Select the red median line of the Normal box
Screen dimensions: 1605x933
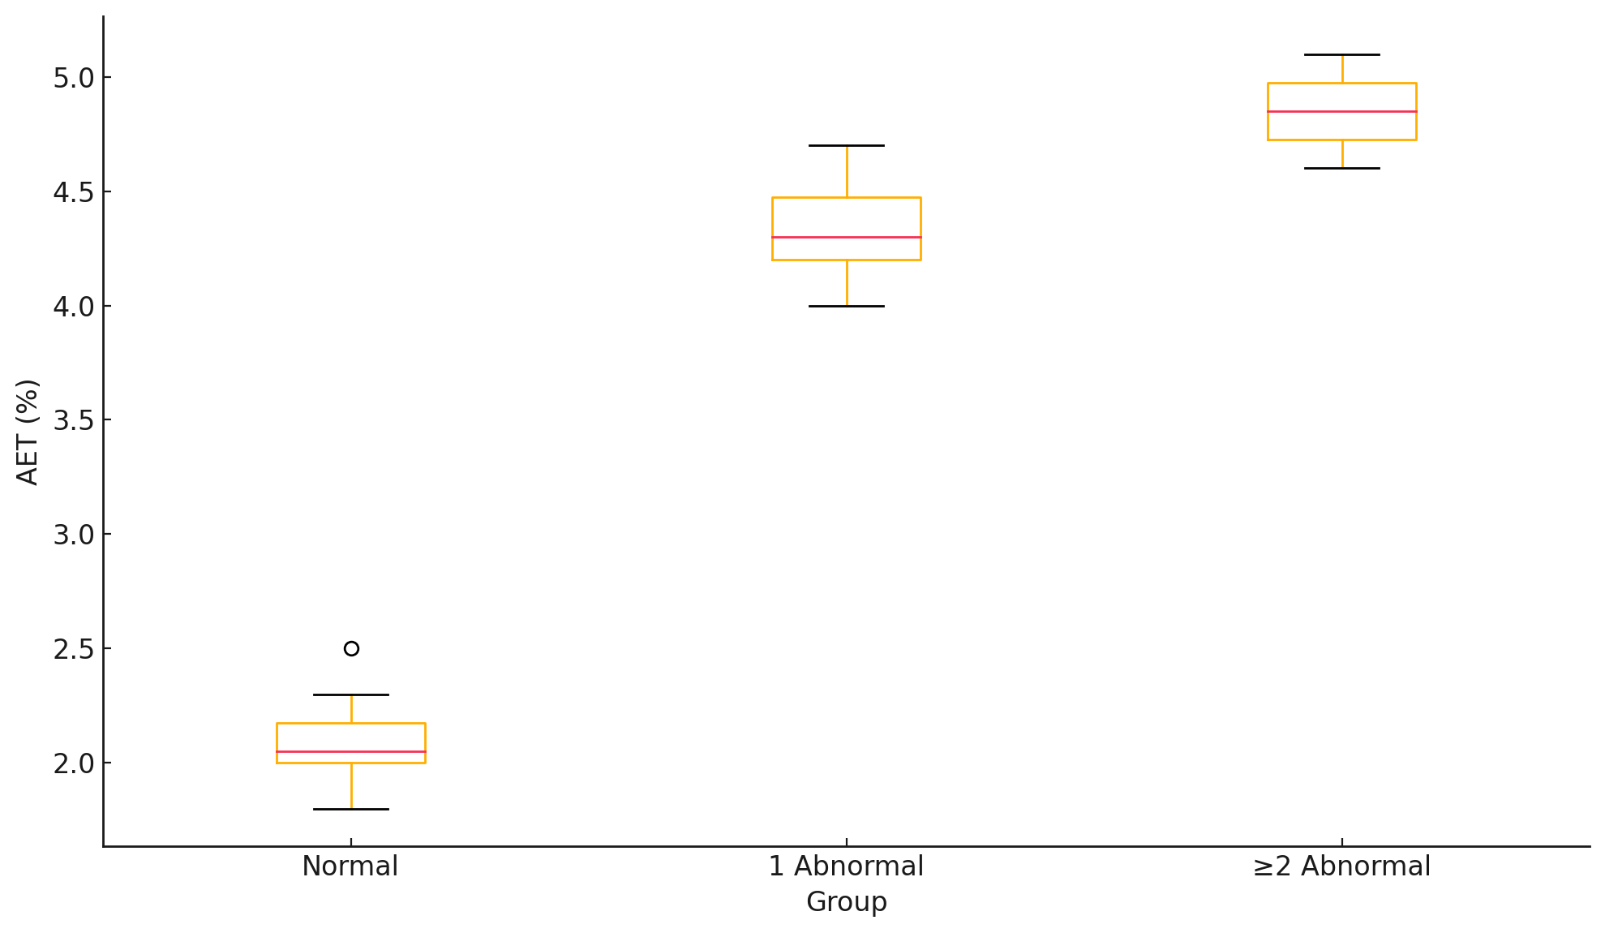(x=351, y=751)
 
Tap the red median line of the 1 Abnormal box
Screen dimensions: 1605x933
(x=847, y=237)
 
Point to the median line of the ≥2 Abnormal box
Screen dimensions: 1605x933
(x=1342, y=111)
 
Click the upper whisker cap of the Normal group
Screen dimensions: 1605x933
(x=351, y=694)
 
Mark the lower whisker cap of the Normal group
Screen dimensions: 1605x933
(x=351, y=809)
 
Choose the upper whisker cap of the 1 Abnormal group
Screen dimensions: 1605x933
(x=847, y=145)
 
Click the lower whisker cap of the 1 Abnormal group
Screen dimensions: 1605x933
(x=847, y=306)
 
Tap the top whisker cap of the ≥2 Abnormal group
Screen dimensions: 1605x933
(x=1342, y=54)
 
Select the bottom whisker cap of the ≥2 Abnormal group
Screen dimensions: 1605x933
(x=1342, y=168)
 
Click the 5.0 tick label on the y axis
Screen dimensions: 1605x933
(x=73, y=79)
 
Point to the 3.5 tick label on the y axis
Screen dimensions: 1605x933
(x=73, y=421)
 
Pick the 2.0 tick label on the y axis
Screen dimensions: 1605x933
(x=73, y=764)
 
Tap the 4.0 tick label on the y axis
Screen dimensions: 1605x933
(x=73, y=307)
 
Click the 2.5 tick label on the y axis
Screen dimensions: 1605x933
(x=73, y=650)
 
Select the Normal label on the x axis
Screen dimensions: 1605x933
(x=350, y=866)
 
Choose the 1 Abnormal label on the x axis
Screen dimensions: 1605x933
(x=846, y=866)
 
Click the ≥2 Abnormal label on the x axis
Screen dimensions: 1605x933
(x=1342, y=866)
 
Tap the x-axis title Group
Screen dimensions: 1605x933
(x=847, y=902)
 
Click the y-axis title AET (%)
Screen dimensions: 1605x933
(x=28, y=432)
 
